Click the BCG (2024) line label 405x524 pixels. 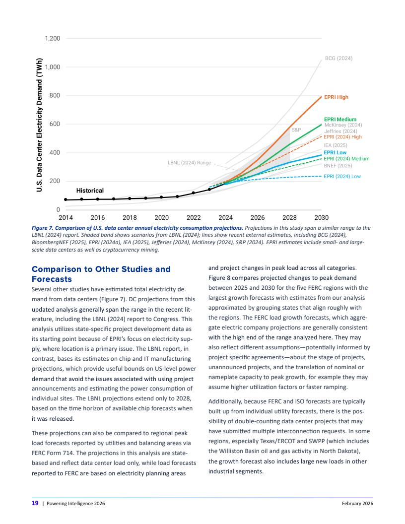tap(338, 59)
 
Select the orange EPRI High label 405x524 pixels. tap(336, 97)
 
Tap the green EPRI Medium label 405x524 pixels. tap(340, 120)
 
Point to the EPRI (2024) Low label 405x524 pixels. tap(342, 176)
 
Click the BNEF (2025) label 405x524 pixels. tap(337, 165)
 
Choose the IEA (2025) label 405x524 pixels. tap(336, 145)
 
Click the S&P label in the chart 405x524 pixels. tap(296, 130)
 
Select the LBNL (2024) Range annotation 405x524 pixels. tap(190, 163)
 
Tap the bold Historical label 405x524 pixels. tap(90, 191)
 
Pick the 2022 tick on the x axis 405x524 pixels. tap(194, 217)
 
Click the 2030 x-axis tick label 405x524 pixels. tap(321, 217)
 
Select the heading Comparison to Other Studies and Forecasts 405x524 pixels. tap(101, 274)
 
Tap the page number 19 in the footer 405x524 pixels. tap(35, 503)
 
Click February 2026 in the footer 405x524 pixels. tap(357, 504)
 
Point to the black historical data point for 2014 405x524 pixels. tap(66, 200)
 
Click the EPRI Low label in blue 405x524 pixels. tap(335, 152)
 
